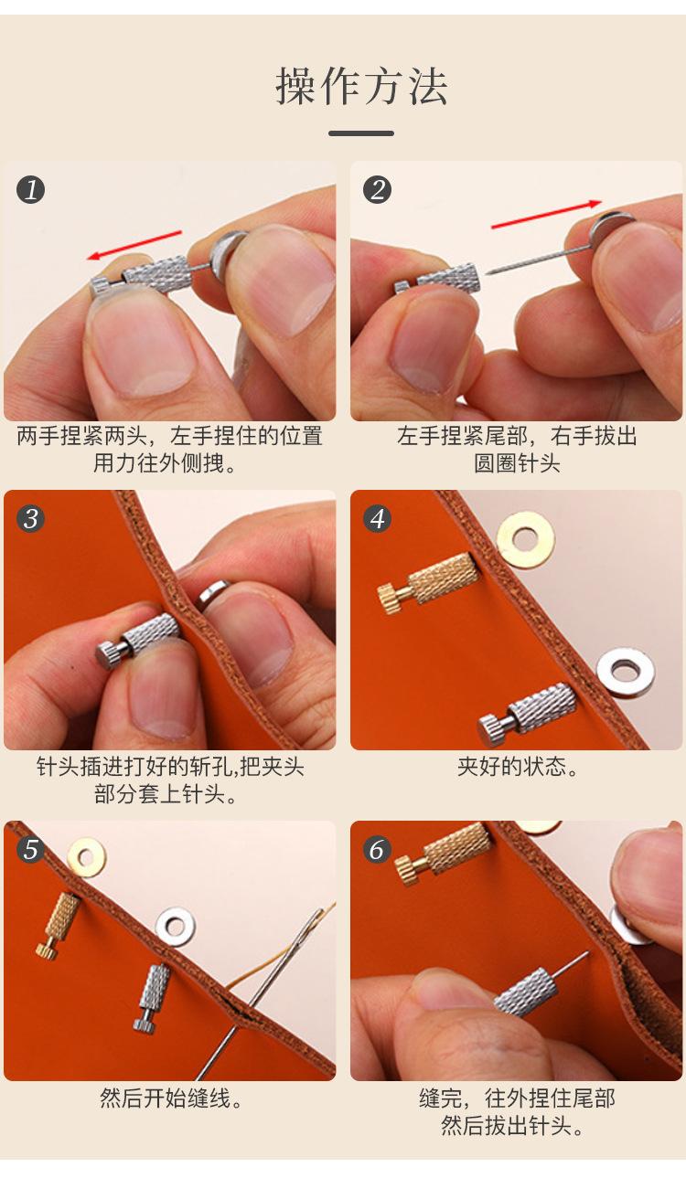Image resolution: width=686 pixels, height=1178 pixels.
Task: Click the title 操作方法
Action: [x=361, y=86]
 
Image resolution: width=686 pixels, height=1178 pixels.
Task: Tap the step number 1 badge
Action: [x=30, y=190]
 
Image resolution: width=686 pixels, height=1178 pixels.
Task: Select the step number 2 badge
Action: [x=377, y=190]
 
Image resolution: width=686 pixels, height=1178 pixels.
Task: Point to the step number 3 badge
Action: [x=30, y=519]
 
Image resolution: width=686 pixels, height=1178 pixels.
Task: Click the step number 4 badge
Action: [x=377, y=519]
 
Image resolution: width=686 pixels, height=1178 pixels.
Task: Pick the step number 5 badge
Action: [x=30, y=849]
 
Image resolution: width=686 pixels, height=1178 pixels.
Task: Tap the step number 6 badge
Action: [x=377, y=849]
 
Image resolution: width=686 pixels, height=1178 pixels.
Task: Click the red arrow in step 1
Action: [x=134, y=245]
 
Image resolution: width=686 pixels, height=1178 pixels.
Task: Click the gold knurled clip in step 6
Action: [x=444, y=855]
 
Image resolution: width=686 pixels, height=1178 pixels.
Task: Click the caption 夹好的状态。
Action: [x=518, y=766]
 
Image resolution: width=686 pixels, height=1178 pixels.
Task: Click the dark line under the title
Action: [x=361, y=133]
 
